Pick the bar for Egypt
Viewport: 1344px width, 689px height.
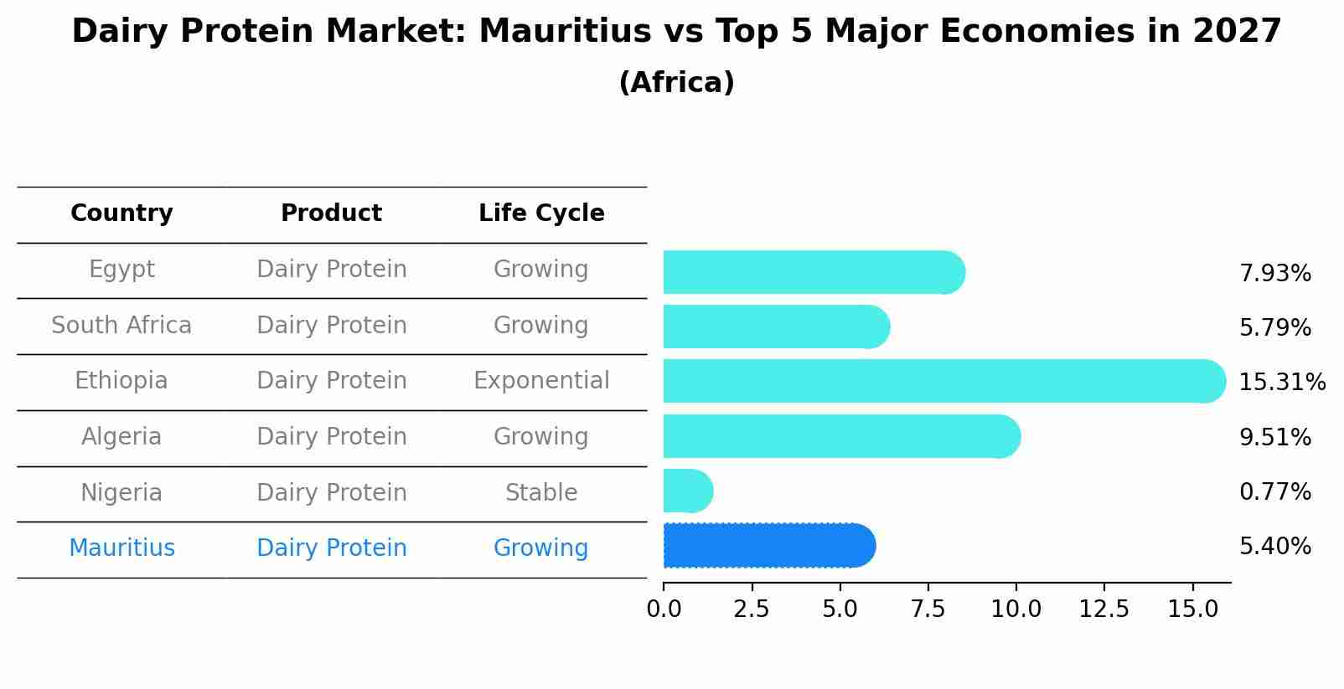pos(814,272)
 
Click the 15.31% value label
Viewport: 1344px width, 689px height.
pos(1281,383)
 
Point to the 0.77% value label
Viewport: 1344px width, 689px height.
pos(1274,491)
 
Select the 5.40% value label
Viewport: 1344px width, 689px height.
pos(1274,547)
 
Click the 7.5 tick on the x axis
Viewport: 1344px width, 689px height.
pos(928,609)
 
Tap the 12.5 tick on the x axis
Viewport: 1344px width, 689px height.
pos(1104,609)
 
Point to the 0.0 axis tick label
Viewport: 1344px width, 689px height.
pos(664,609)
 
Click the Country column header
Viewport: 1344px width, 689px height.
pos(121,213)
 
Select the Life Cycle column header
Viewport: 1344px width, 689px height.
pos(541,213)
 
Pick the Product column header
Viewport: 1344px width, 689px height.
pos(331,213)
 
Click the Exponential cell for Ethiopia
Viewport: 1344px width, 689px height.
pos(541,381)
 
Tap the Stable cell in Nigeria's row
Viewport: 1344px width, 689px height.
pos(541,493)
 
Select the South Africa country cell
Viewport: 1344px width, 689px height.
pos(121,326)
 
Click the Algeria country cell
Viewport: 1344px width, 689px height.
pos(121,437)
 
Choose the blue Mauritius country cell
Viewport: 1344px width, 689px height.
pos(121,548)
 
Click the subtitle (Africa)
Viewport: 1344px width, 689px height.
pos(676,83)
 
